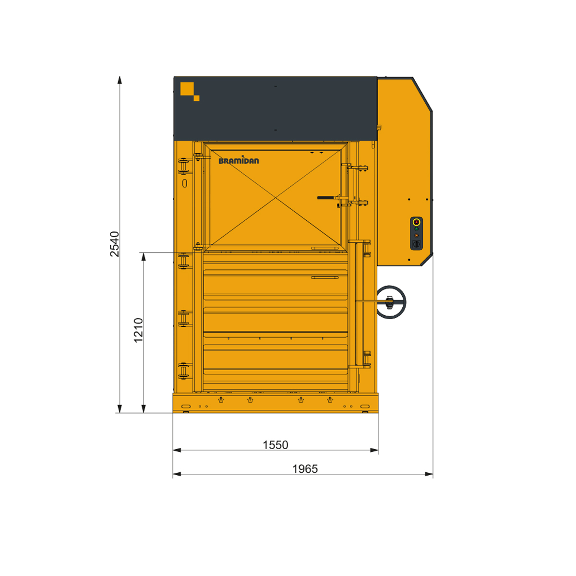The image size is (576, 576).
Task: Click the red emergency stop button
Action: tap(416, 222)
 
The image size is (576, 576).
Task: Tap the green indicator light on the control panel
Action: tap(416, 229)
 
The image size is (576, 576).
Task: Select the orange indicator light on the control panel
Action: tap(416, 235)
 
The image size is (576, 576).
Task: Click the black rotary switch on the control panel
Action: tap(416, 244)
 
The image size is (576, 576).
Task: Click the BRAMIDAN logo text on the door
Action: tap(239, 160)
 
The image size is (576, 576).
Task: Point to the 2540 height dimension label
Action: tap(115, 244)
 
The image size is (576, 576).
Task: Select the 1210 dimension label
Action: tap(138, 330)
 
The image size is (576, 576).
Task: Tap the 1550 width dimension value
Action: tap(276, 445)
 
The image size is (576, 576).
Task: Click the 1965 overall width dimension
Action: tap(305, 469)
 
